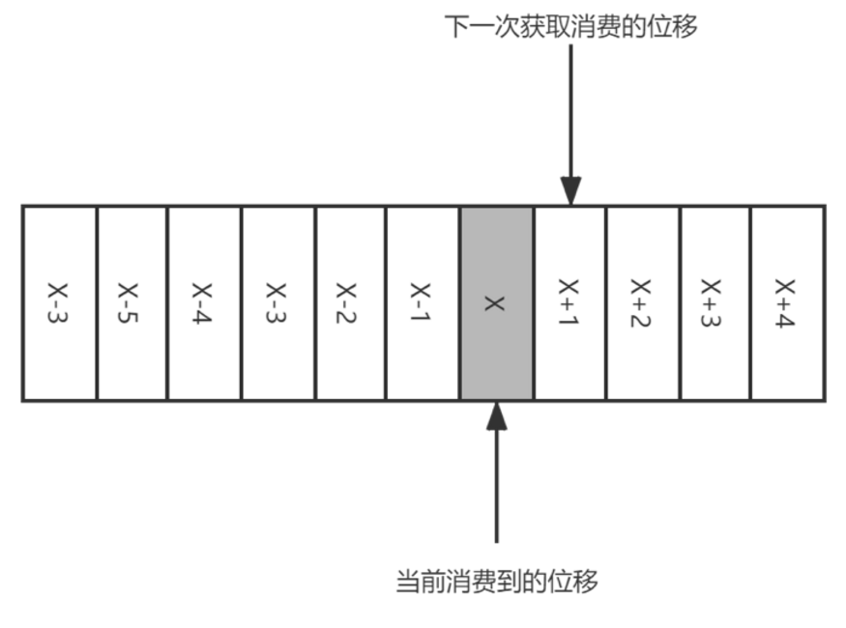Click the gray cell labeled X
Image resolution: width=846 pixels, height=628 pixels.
(496, 302)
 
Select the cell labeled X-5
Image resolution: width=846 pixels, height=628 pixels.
(131, 302)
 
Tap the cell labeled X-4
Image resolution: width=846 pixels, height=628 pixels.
(204, 302)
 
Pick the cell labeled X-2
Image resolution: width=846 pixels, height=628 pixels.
(350, 302)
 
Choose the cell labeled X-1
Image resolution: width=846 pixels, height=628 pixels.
(423, 302)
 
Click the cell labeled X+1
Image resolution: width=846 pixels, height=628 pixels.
(569, 302)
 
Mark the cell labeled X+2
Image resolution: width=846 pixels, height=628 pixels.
(643, 302)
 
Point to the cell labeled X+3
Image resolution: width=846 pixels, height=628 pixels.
(715, 302)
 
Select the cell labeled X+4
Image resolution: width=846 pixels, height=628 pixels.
(788, 302)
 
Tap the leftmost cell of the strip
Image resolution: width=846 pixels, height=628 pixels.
(59, 302)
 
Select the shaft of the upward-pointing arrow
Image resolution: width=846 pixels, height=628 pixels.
(497, 483)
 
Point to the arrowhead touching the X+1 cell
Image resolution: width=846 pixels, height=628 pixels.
(571, 190)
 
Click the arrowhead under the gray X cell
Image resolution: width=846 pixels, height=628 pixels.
(497, 415)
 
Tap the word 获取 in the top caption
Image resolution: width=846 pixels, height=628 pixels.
(544, 26)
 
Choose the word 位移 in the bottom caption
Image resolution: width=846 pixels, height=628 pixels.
(574, 581)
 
